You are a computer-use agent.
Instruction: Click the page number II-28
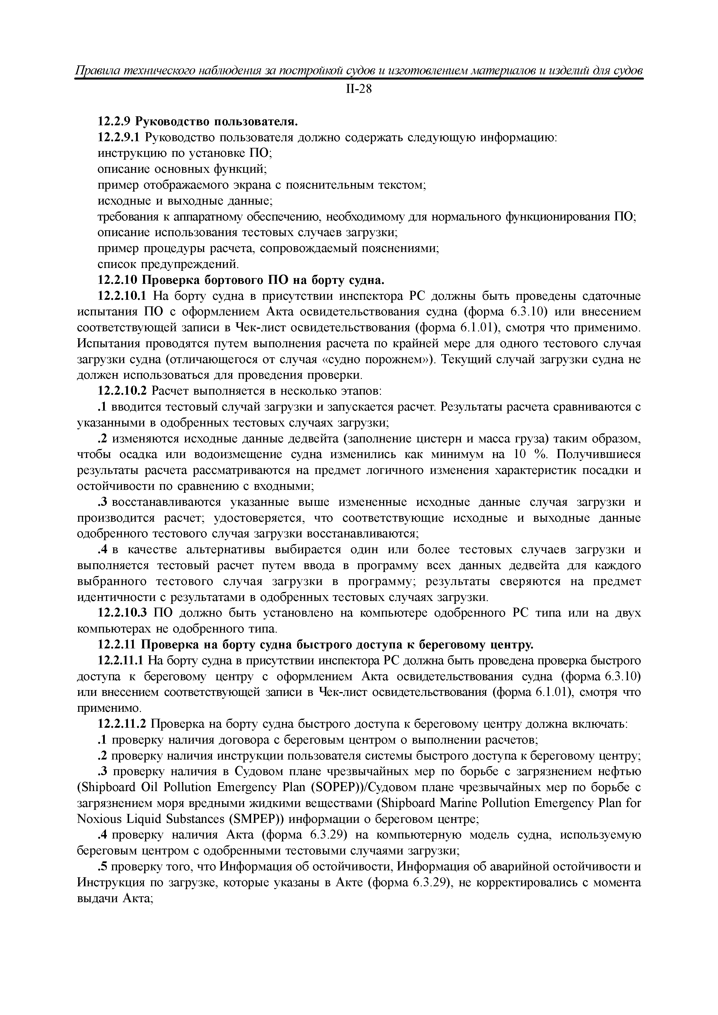point(358,90)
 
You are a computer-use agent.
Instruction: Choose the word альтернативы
point(228,550)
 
